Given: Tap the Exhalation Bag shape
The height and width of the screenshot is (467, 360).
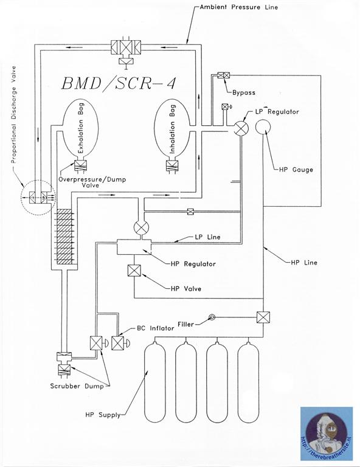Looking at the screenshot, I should click(81, 131).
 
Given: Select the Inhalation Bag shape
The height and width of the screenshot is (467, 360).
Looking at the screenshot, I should click(173, 131).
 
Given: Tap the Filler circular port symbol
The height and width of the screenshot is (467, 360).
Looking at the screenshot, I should click(212, 317).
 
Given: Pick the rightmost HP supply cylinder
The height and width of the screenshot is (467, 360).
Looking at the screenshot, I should click(251, 383).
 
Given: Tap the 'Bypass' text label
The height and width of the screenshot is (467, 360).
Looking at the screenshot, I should click(244, 93).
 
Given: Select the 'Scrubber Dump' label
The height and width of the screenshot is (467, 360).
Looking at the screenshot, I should click(71, 386).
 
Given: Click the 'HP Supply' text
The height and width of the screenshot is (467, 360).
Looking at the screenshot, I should click(102, 415).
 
